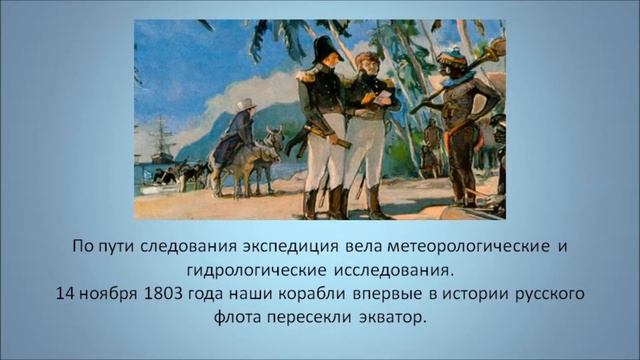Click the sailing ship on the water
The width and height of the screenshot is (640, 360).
coord(162,140)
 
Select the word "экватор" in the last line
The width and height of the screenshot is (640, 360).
coord(389,319)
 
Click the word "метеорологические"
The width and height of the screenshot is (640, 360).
coord(461,247)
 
